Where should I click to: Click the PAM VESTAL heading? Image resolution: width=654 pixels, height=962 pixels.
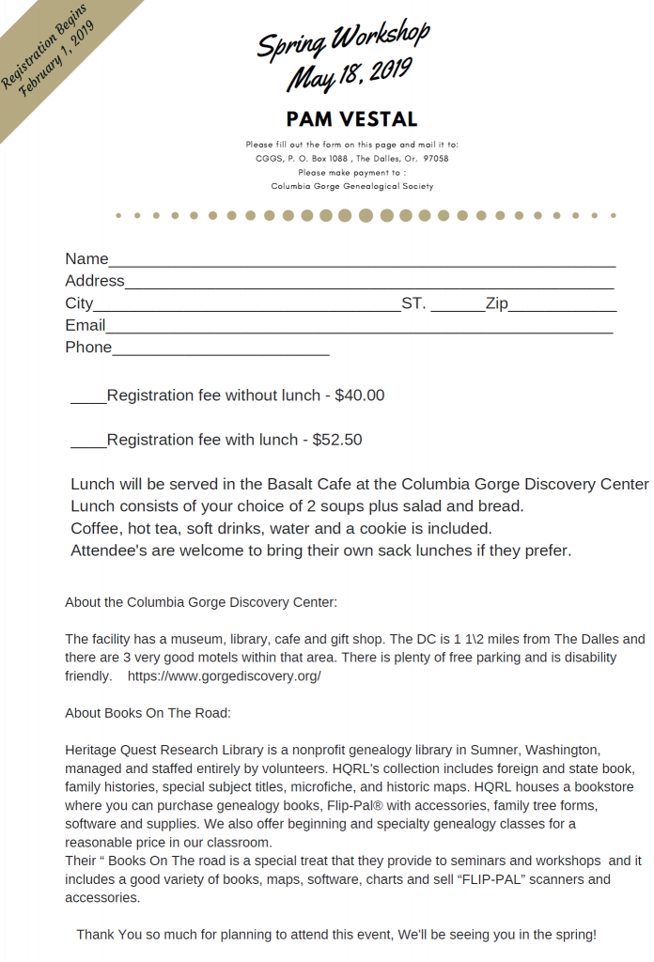coord(351,119)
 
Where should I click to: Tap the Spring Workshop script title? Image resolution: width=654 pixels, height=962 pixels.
coord(343,40)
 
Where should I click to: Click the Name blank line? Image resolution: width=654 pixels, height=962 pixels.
coord(362,264)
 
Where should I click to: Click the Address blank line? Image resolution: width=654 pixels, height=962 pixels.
coord(369,286)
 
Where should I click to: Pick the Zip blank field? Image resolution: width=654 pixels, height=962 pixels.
coord(562,308)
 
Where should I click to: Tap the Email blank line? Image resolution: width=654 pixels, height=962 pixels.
coord(359,330)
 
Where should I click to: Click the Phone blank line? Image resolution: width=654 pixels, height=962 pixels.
coord(221,352)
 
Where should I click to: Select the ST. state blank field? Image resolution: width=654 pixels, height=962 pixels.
coord(458,308)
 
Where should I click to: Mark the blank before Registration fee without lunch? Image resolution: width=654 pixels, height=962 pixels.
coord(88,399)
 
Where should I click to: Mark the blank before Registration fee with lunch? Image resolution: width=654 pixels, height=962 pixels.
coord(88,443)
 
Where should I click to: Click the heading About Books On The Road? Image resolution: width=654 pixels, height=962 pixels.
coord(148,713)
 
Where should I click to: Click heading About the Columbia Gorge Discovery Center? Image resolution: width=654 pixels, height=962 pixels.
coord(200,602)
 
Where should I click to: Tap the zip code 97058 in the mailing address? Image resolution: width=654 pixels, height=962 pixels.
coord(436,159)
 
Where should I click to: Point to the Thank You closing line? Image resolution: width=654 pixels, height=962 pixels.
coord(335,935)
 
